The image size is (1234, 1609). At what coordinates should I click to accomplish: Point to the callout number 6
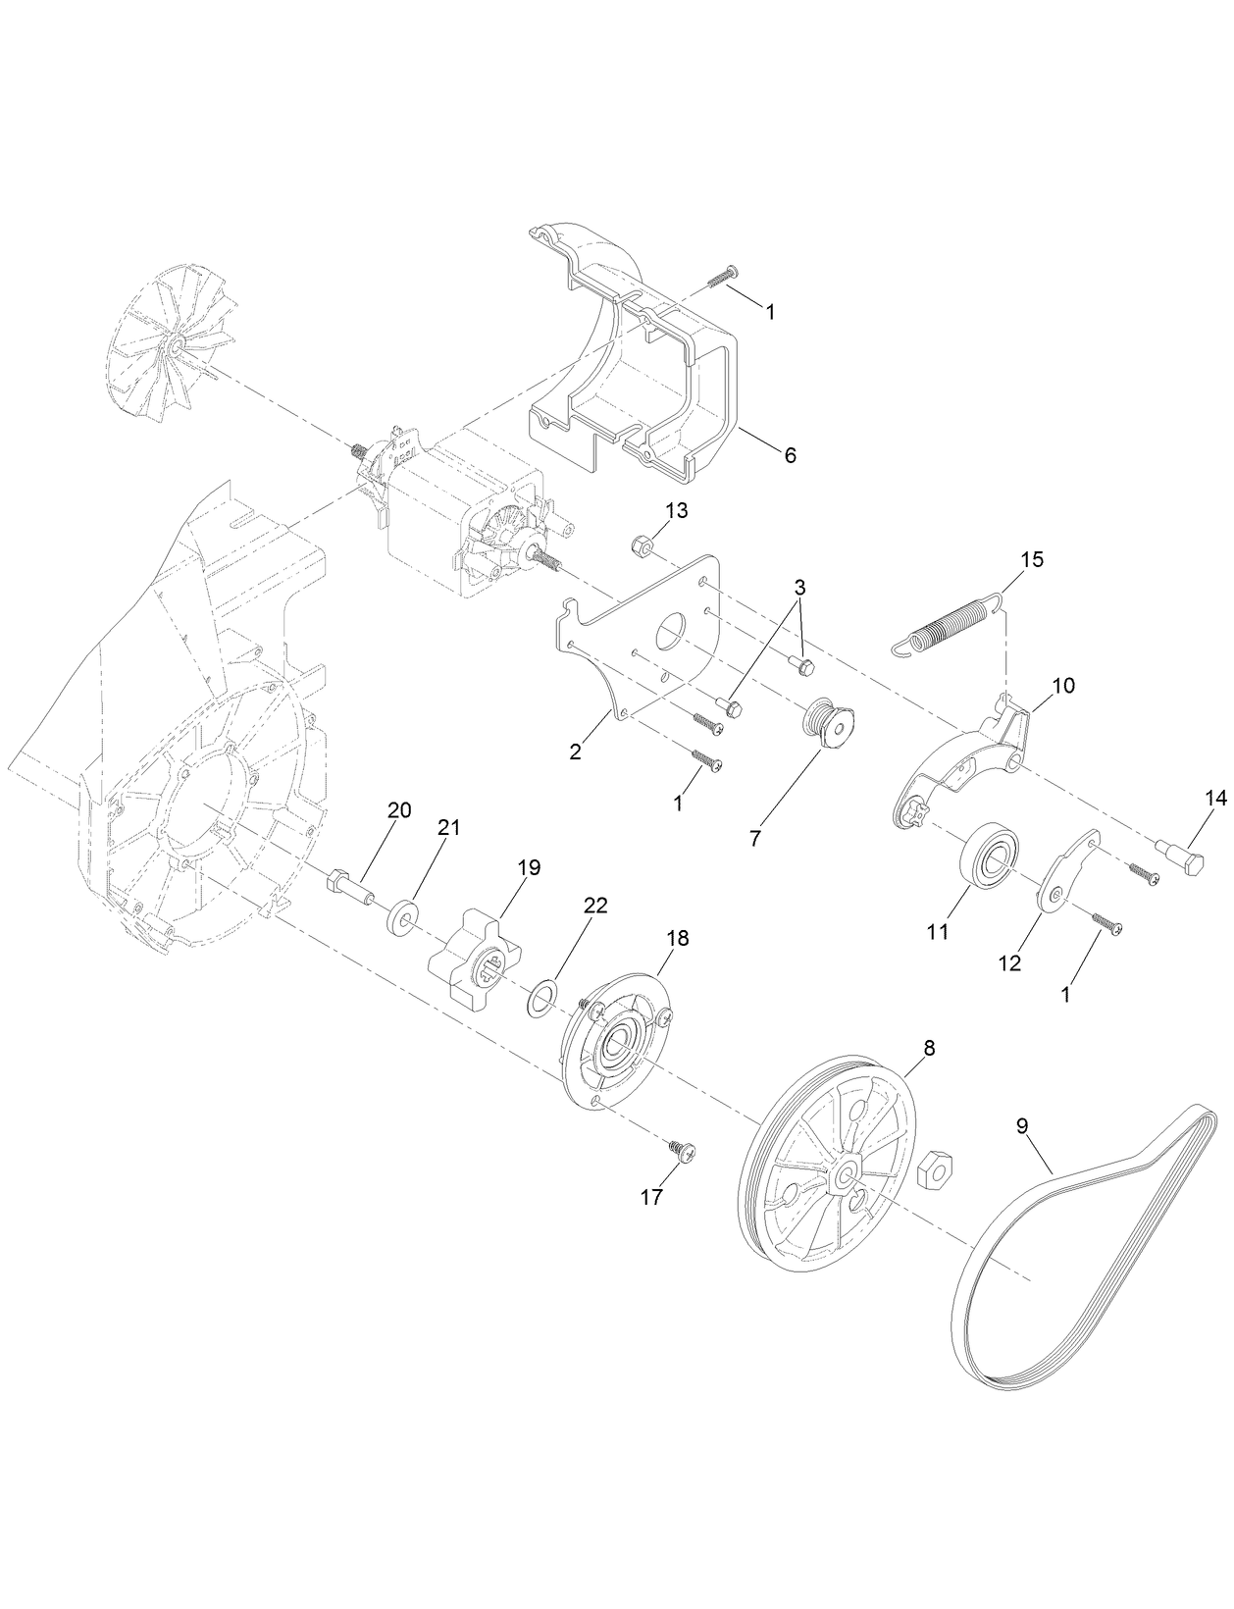791,455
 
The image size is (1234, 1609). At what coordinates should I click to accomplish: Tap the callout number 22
595,906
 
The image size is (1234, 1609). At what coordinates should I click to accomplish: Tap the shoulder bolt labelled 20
347,884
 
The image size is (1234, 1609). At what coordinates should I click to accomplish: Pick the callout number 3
799,589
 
